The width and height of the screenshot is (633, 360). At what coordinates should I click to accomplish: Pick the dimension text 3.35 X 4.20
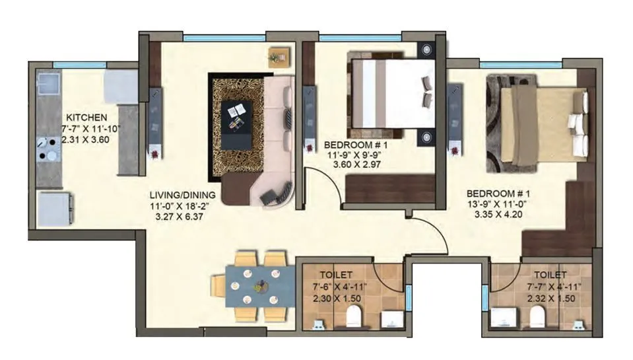(494, 214)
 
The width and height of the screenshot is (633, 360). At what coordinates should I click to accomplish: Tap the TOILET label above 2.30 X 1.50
(336, 274)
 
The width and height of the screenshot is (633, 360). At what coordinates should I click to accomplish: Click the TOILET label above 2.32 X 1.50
(550, 274)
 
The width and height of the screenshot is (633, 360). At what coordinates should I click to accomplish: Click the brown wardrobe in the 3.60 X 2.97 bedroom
(389, 188)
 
